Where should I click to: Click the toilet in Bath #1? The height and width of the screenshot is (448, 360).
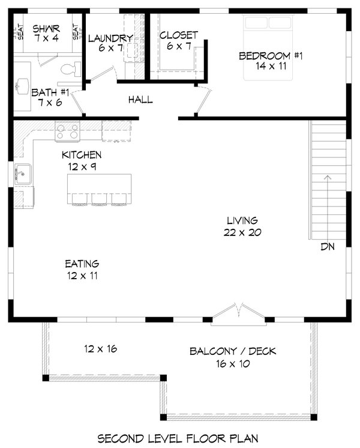[x=71, y=69]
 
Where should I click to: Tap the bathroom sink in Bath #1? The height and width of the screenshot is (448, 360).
[x=23, y=86]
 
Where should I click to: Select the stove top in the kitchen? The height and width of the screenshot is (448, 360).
[x=67, y=131]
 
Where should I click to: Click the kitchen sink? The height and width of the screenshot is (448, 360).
[x=23, y=174]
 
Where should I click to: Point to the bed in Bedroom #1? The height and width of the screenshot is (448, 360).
[x=268, y=47]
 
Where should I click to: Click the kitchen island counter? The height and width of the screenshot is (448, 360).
[x=100, y=189]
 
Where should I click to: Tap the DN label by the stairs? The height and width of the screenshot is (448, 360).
[x=328, y=247]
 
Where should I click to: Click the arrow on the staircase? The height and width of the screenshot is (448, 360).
[x=328, y=207]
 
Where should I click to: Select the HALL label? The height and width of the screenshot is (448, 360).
[x=140, y=100]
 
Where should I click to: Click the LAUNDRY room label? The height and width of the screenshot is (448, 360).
[x=110, y=38]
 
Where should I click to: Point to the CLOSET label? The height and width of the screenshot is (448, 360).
[x=178, y=35]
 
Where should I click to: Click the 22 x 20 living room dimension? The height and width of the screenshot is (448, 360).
[x=242, y=232]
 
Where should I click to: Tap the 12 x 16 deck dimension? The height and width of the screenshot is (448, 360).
[x=100, y=348]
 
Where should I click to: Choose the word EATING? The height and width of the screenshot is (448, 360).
[x=82, y=264]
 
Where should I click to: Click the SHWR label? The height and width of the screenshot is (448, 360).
[x=46, y=28]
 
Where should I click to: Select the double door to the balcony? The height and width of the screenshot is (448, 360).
[x=238, y=313]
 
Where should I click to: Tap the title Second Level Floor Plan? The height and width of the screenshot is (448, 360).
[x=178, y=438]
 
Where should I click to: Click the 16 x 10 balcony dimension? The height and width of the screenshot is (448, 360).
[x=233, y=364]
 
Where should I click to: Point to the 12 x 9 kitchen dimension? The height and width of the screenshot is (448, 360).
[x=82, y=166]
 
